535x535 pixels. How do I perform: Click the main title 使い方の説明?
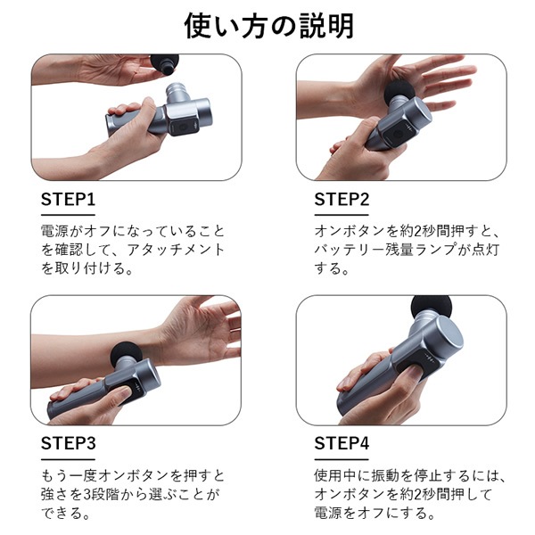(267, 25)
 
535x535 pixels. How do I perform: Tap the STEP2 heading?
(342, 199)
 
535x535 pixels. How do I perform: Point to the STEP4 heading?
(342, 443)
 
